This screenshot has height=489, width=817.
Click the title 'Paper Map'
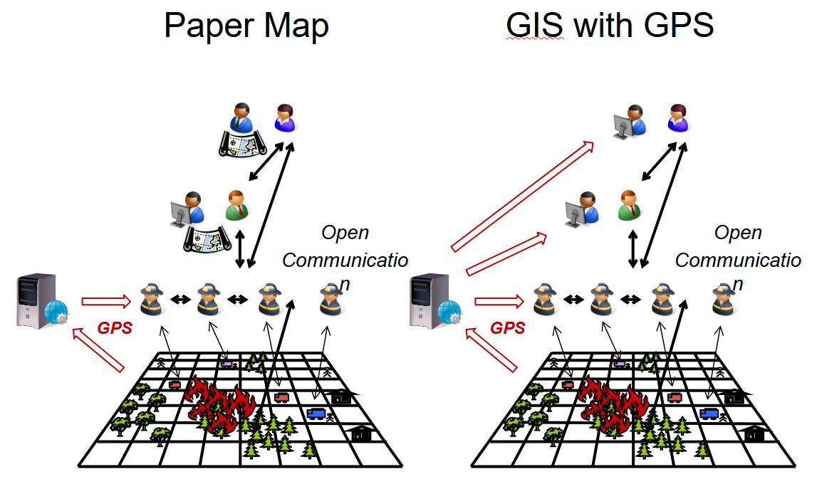246,26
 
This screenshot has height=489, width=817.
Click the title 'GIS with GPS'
610,26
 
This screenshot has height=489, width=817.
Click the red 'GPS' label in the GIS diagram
508,328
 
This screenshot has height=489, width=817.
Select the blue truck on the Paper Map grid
316,413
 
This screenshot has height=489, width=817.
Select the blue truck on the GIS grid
709,413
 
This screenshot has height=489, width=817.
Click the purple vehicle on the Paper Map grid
227,363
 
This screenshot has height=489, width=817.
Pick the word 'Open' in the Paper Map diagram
345,233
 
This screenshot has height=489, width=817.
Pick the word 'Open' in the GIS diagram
738,233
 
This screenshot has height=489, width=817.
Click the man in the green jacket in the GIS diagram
629,205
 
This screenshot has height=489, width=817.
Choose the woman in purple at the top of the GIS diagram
677,118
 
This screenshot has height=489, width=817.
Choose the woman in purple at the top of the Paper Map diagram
285,118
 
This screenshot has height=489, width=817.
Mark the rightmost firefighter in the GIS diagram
724,299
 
